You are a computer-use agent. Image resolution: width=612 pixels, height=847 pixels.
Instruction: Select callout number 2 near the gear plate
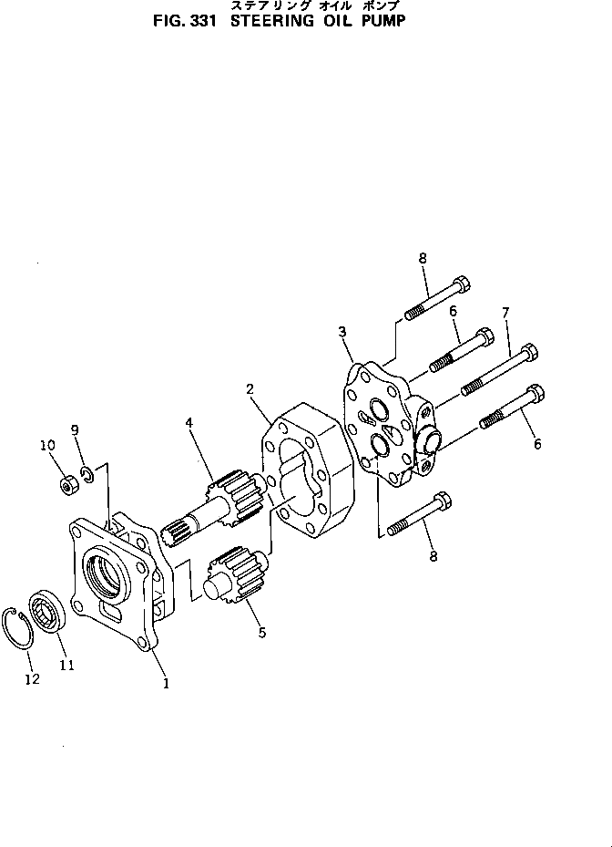[x=249, y=390]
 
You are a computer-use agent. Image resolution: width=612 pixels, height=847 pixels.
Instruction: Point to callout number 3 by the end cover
[x=342, y=331]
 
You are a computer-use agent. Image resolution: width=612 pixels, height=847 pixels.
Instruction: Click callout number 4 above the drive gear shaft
[x=189, y=422]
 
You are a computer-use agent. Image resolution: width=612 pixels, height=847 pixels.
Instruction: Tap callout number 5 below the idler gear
[x=261, y=631]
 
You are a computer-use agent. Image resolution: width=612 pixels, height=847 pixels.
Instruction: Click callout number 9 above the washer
[x=75, y=430]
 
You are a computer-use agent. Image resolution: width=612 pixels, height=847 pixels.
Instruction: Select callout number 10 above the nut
[x=47, y=445]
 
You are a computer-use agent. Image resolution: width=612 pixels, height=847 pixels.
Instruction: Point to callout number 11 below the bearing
[x=66, y=665]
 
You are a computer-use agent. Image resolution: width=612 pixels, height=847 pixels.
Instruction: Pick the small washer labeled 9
[x=85, y=473]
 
